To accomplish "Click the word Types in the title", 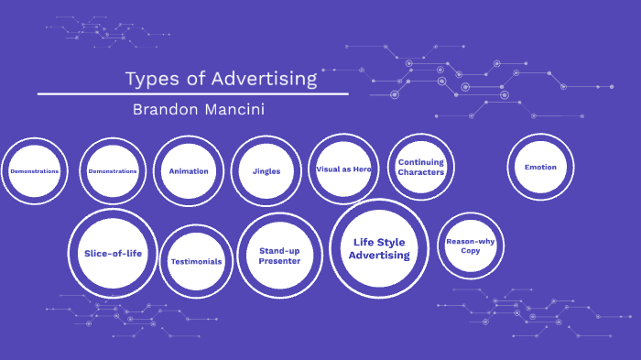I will [x=151, y=79].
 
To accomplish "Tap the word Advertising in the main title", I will [x=264, y=79].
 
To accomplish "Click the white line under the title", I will [x=192, y=93].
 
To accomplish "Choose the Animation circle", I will [x=189, y=171].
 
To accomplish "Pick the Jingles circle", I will [x=266, y=171].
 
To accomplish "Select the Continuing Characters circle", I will [x=421, y=167].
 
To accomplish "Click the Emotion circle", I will [x=540, y=167].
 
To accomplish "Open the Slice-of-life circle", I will [x=114, y=253].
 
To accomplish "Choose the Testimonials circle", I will [x=196, y=261].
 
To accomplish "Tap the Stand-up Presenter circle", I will [x=279, y=256].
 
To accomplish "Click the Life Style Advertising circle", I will [x=378, y=248].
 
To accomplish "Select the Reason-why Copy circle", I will [x=471, y=245].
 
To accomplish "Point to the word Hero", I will [x=363, y=169].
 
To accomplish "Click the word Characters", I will [x=421, y=172].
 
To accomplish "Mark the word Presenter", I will [x=279, y=261].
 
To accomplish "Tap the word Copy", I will [x=471, y=250].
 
